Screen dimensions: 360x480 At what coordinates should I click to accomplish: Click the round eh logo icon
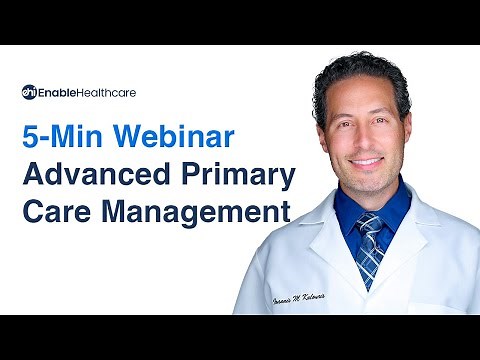pyautogui.click(x=29, y=92)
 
